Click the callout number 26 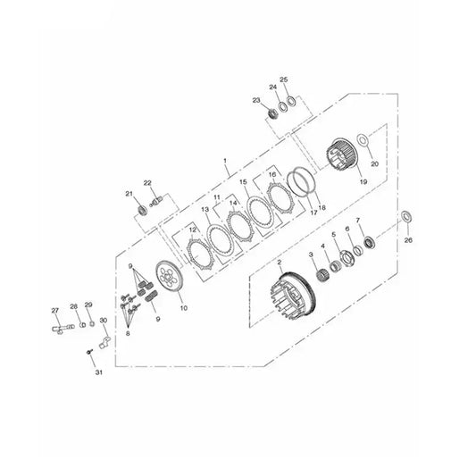(x=408, y=240)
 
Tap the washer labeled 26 (x=406, y=216)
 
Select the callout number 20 (x=375, y=163)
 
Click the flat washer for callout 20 (x=363, y=140)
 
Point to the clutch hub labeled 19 (x=340, y=154)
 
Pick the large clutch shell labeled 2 (x=293, y=295)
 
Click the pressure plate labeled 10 (x=168, y=277)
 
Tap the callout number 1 (x=225, y=160)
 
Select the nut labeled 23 (x=273, y=113)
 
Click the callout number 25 (x=283, y=79)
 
